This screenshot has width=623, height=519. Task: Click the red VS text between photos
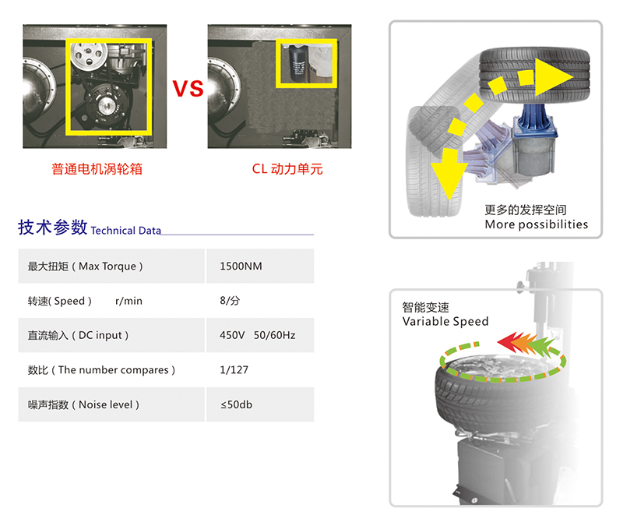tap(188, 88)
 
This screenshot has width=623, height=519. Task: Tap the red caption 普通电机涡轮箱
tap(97, 169)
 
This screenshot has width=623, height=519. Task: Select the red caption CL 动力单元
tap(287, 169)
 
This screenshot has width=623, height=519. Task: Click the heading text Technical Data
tap(126, 231)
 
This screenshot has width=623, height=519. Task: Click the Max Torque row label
tap(85, 266)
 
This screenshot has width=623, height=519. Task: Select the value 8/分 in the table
tap(230, 301)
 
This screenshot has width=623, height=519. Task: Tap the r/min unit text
tap(128, 301)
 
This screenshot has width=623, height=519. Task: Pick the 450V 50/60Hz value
tap(258, 335)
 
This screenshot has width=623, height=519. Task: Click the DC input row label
tap(79, 335)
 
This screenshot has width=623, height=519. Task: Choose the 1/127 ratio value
tap(234, 370)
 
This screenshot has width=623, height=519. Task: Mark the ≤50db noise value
tap(237, 404)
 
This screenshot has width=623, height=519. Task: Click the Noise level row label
tap(83, 404)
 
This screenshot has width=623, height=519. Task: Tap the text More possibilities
tap(536, 224)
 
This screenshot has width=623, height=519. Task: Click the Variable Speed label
tap(445, 321)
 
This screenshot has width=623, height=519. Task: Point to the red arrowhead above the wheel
tap(507, 341)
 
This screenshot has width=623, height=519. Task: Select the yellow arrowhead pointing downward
tap(449, 173)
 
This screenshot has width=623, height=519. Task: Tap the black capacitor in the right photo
tap(297, 63)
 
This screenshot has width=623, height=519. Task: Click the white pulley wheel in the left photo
tap(89, 55)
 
